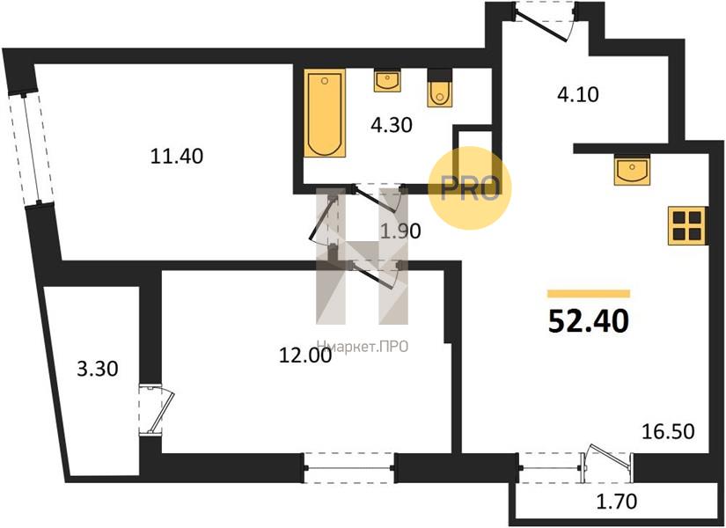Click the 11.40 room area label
coord(177,157)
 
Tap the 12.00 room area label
coord(305,356)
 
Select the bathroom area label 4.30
coord(392,125)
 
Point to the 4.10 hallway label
coord(578,94)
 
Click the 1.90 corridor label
coord(400,231)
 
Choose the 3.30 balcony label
coord(97,369)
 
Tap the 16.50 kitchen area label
coord(668,432)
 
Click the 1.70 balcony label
coord(616,501)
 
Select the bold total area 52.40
coord(589,321)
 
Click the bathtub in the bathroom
coord(325,113)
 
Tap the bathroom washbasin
coord(387,81)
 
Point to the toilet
coord(440,88)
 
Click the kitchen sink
coord(632,170)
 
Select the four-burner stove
coord(687,225)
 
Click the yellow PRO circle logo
coord(470,187)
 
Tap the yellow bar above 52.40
coord(589,293)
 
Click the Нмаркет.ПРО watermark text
coord(363,346)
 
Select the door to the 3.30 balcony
coord(157,409)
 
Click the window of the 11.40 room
coord(32,148)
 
